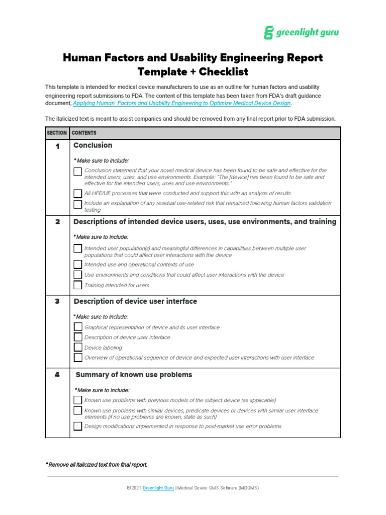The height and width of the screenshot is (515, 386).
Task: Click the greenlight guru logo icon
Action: pyautogui.click(x=269, y=33)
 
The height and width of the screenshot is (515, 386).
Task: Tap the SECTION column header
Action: pyautogui.click(x=56, y=133)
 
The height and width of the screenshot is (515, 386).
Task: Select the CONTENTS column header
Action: pyautogui.click(x=84, y=133)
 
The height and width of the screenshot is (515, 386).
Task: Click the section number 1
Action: pyautogui.click(x=57, y=146)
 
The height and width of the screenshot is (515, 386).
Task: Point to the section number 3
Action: pyautogui.click(x=57, y=302)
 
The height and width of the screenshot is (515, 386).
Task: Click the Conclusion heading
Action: pyautogui.click(x=92, y=145)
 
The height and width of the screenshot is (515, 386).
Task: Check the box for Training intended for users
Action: pyautogui.click(x=77, y=285)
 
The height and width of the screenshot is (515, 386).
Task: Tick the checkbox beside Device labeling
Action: pyautogui.click(x=77, y=348)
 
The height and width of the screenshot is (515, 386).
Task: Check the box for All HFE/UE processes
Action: pyautogui.click(x=77, y=193)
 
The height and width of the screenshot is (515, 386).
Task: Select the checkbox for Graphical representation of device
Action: pyautogui.click(x=77, y=327)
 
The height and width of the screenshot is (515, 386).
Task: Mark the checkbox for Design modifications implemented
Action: pyautogui.click(x=77, y=426)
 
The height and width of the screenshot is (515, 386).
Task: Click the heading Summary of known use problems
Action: pyautogui.click(x=134, y=375)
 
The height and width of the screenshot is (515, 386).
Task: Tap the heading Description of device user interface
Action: pyautogui.click(x=135, y=301)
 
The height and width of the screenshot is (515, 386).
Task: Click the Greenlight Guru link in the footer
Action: pyautogui.click(x=158, y=488)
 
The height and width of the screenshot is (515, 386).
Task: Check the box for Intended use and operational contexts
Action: pyautogui.click(x=77, y=265)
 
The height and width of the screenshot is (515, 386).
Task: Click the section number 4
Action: pyautogui.click(x=57, y=375)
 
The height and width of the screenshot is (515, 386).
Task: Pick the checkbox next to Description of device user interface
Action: pyautogui.click(x=77, y=337)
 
